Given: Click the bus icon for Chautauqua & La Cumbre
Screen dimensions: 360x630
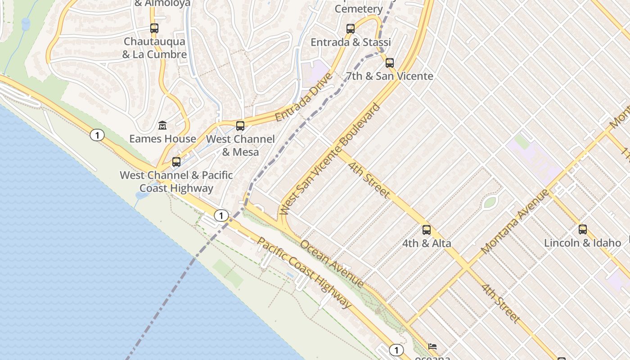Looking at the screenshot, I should point(154,28).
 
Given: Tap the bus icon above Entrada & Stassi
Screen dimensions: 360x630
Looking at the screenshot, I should point(351,29).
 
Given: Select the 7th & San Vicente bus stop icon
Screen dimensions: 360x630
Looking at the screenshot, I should point(390,63).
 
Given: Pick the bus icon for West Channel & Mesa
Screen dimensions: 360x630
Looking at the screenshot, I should point(240,126).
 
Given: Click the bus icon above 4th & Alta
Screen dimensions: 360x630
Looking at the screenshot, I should point(427,230).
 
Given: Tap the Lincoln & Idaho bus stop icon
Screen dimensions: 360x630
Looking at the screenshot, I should point(583,229).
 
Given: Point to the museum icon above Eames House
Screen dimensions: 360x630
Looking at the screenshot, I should point(162,125).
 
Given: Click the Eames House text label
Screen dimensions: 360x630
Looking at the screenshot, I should point(162,139).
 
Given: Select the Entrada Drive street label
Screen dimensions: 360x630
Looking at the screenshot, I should point(304,97).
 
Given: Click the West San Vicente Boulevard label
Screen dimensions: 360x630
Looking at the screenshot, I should point(330,159).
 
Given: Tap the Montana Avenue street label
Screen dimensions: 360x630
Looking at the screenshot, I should point(515,221).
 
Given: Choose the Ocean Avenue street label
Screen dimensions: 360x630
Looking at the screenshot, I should point(332,264).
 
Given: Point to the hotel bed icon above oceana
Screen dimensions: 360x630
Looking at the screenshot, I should point(432,346).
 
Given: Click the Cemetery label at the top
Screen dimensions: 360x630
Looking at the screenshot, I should point(359,9).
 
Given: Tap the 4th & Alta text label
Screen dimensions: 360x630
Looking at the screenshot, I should point(427,243).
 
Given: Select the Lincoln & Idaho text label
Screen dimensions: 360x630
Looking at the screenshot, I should point(582,243).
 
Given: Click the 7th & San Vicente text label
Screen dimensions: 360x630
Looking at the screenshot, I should point(390,76).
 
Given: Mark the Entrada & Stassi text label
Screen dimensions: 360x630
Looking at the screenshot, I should point(351,42).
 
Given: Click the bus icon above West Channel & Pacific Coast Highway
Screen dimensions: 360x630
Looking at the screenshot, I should point(176,162).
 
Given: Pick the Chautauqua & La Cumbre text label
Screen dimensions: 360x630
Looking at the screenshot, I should point(154,48).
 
